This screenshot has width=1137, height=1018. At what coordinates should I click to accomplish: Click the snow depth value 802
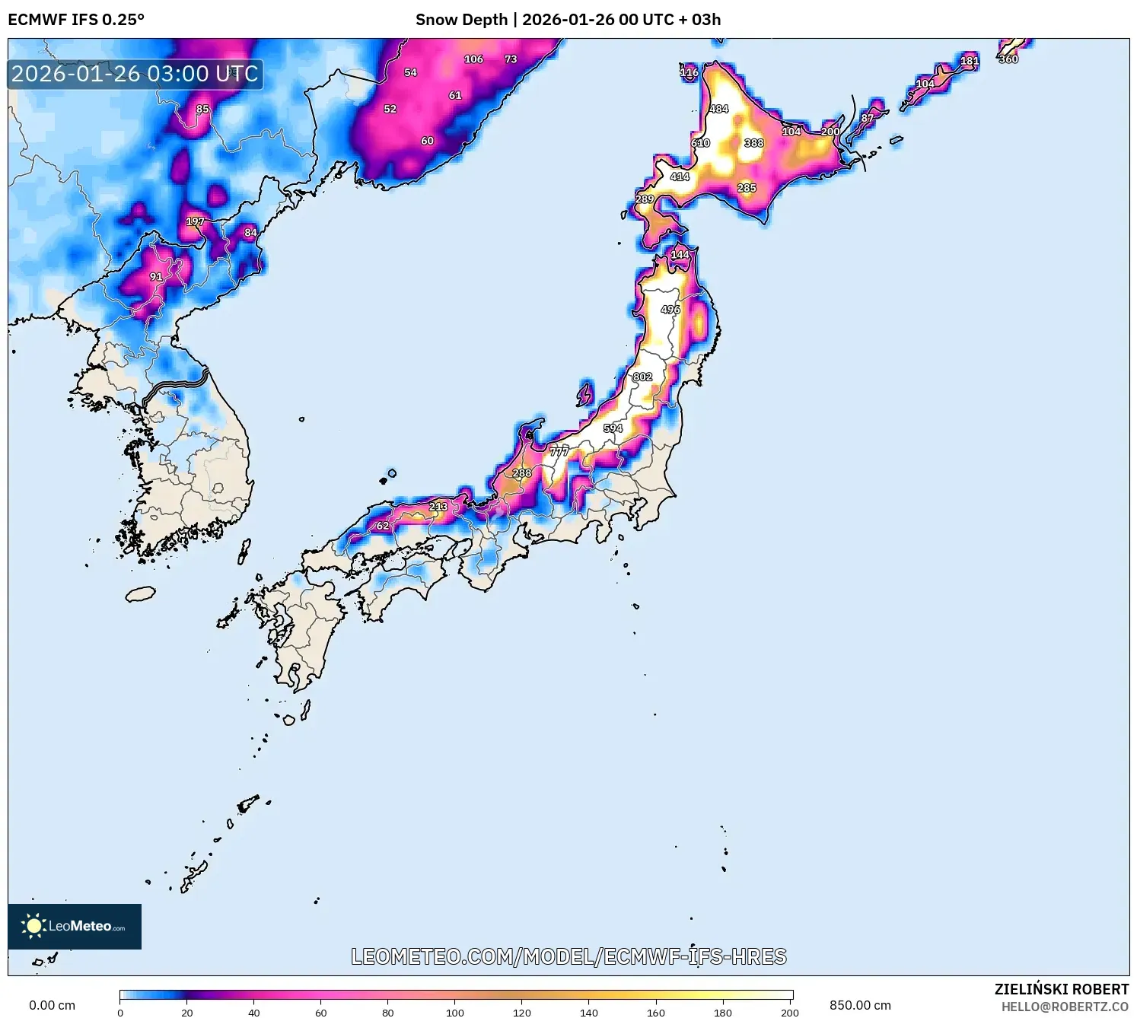tap(642, 377)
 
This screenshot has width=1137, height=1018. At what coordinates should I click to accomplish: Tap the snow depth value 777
tap(559, 451)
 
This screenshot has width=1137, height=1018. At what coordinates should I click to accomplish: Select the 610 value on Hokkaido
tap(700, 143)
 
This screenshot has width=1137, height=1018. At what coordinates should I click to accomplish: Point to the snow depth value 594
tap(613, 428)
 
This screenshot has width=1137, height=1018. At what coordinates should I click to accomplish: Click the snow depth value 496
tap(670, 310)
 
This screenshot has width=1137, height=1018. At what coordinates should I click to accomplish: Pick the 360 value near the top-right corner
tap(1008, 59)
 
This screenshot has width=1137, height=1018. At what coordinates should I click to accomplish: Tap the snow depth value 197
tap(195, 221)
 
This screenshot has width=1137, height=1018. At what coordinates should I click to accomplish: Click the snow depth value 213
tap(438, 507)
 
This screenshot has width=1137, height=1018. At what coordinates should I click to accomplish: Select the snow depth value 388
tap(753, 143)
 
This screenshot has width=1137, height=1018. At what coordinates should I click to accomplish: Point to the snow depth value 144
tap(680, 255)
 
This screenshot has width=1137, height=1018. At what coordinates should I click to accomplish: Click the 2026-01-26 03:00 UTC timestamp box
tap(135, 75)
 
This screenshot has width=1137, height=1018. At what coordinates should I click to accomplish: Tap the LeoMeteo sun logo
tap(33, 926)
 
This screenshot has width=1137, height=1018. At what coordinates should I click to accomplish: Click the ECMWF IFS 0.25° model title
tap(76, 20)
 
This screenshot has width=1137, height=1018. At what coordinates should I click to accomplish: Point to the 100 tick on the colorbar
tap(455, 1012)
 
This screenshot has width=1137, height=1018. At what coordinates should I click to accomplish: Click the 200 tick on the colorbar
tap(790, 1012)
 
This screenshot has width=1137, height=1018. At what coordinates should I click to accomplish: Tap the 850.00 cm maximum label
tap(860, 1005)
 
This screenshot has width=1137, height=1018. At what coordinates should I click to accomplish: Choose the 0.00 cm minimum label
tap(52, 1005)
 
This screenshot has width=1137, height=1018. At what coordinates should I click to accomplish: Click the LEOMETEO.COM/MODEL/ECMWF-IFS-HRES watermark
tap(568, 956)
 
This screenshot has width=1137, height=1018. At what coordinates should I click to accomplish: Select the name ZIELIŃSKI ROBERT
tap(1062, 989)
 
